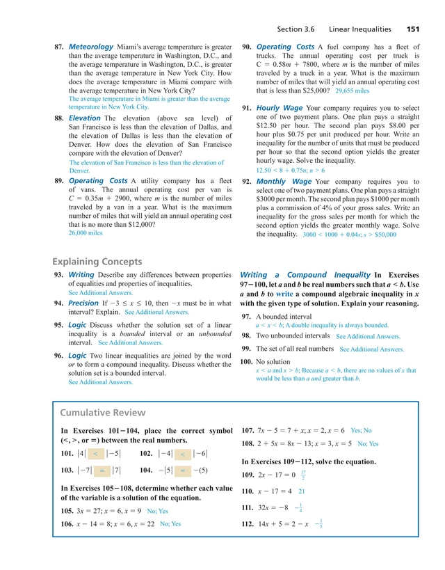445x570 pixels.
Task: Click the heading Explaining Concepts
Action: tap(97, 262)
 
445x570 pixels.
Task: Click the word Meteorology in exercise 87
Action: tap(90, 47)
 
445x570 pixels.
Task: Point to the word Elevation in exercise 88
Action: tap(85, 119)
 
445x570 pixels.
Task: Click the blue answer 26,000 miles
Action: tap(85, 233)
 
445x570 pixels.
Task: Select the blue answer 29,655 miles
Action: tap(352, 91)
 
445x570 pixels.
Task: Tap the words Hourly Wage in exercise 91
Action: tap(279, 109)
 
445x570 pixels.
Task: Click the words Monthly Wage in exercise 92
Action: tap(282, 182)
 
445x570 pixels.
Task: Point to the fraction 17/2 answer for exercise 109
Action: tap(303, 475)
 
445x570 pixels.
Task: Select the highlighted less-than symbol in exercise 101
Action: tap(95, 454)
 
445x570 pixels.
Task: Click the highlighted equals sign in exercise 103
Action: tap(102, 470)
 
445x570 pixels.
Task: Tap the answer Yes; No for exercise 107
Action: tap(361, 431)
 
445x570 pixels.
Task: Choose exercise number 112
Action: tap(246, 523)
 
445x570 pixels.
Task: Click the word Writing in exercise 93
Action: tap(81, 275)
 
